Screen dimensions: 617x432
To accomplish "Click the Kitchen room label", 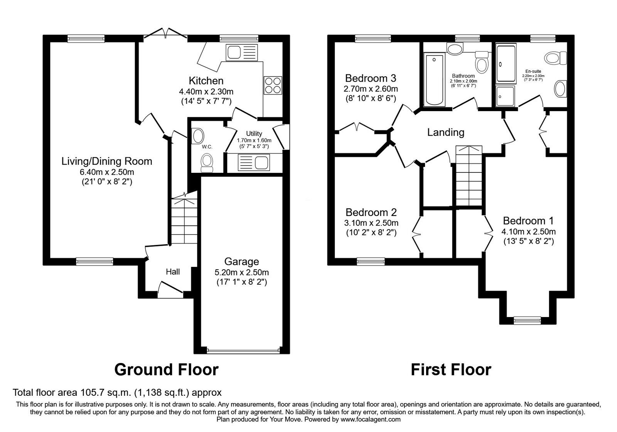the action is (x=206, y=81).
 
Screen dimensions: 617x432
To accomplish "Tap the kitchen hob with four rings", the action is (x=273, y=85).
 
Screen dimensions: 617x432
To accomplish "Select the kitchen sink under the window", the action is (x=241, y=52).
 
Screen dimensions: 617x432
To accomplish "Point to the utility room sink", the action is (x=254, y=162).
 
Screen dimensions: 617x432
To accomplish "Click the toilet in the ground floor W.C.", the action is (x=207, y=163).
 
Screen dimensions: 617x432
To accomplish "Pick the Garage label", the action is (x=241, y=262).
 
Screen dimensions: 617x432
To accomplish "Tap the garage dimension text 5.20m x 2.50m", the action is (x=241, y=272).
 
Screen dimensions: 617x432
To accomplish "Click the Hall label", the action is (x=173, y=272).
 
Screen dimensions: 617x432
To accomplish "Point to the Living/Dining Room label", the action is (x=106, y=161).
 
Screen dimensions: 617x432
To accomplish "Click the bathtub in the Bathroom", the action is (x=434, y=80).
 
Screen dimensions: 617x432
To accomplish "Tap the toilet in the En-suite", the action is (x=555, y=58).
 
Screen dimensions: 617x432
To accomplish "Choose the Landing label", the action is (x=446, y=133).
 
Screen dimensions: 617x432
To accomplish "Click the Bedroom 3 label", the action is (x=371, y=78).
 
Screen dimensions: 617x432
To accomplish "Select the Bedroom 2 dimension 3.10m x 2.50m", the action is (x=371, y=223).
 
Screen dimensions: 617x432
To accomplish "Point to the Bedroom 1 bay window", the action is (x=527, y=320).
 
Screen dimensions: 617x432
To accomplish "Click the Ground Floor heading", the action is (x=166, y=370).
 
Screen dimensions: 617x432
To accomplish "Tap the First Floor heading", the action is (x=451, y=370).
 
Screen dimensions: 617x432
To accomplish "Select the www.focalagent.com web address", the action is (x=371, y=420).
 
